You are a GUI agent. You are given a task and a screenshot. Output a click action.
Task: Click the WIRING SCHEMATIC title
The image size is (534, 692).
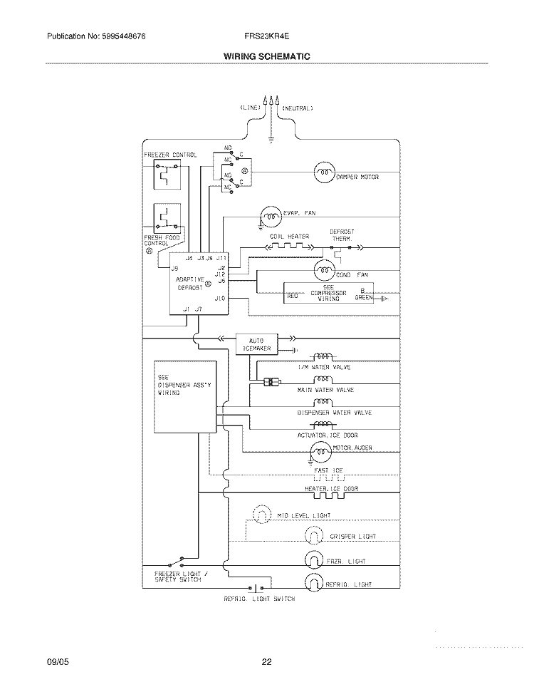pos(267,56)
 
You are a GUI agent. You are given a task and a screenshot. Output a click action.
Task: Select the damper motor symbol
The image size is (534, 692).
pos(324,171)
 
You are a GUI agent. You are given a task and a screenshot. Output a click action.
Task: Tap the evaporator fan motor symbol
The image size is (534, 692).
pos(270,215)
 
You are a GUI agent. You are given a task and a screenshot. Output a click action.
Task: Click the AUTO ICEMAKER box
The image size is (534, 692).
pos(256,345)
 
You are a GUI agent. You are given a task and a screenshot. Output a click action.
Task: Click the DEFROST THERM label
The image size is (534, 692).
pos(341,235)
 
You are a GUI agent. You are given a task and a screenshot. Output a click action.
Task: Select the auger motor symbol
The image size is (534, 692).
pos(320,450)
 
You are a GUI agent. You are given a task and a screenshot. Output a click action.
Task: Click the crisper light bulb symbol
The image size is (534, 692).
pos(314,536)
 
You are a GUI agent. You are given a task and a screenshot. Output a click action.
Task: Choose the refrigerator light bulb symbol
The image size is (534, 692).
pos(314,584)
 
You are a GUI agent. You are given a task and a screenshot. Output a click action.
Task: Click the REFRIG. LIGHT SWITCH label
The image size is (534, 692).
pos(259,599)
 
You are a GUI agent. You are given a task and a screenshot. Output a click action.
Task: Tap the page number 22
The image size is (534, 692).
pos(266,663)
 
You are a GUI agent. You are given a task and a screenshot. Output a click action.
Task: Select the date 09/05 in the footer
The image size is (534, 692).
pos(57,663)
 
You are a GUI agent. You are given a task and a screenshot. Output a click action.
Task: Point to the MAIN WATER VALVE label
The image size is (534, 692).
pos(325,391)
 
